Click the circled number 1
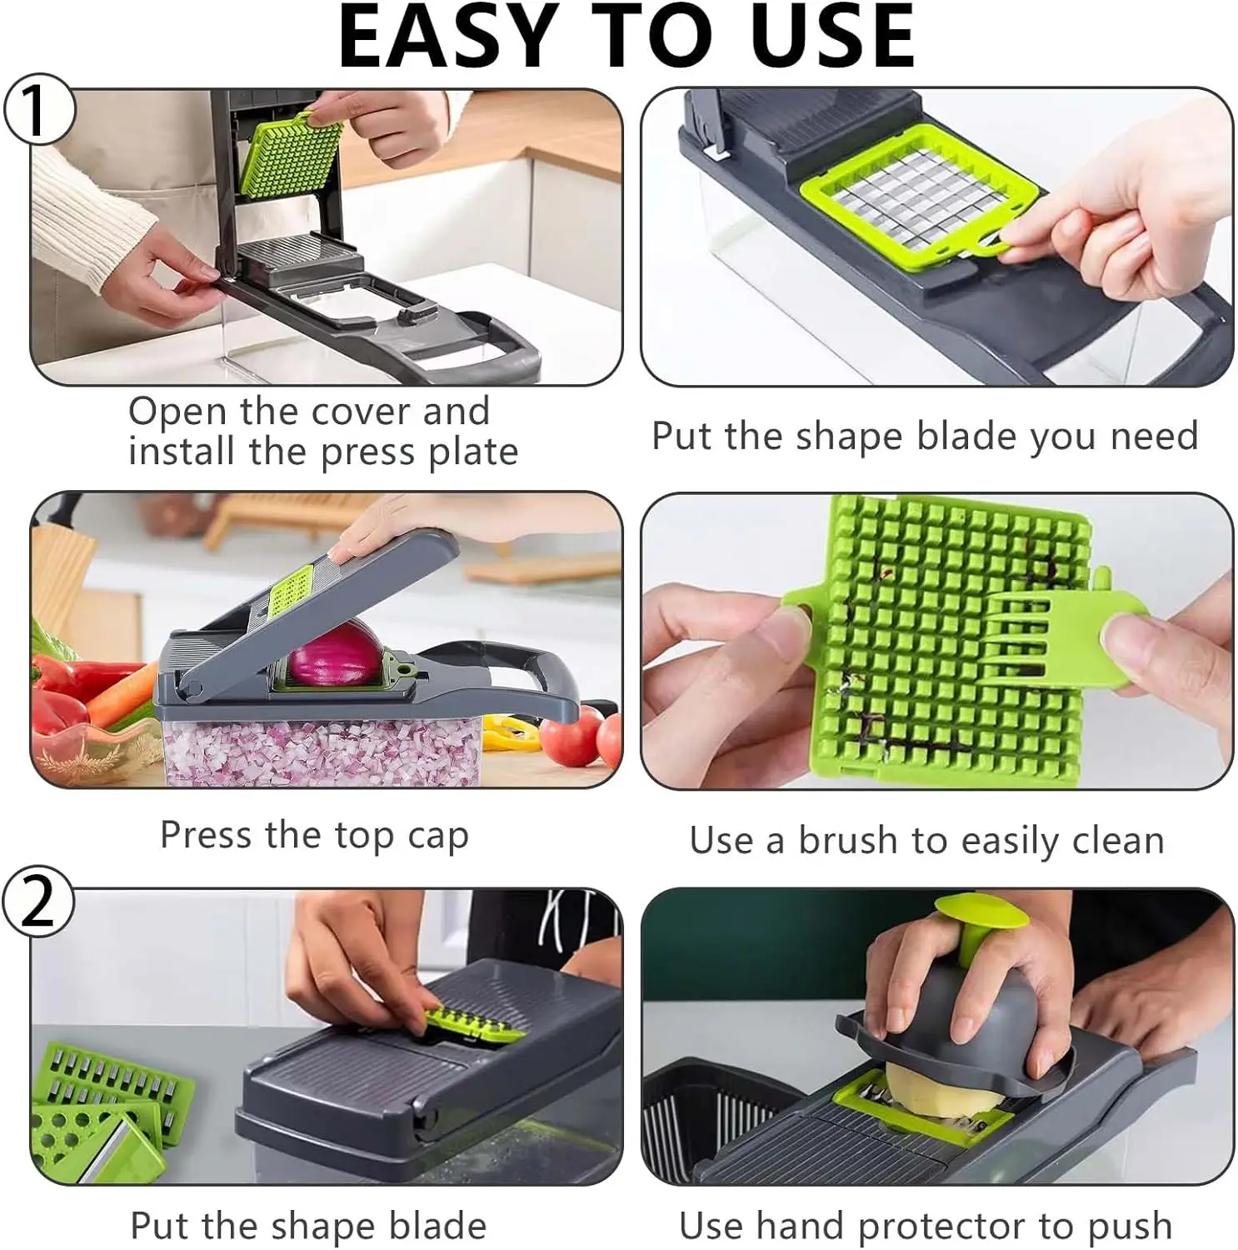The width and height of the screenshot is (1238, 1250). [x=37, y=109]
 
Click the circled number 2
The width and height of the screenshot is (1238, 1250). [x=37, y=902]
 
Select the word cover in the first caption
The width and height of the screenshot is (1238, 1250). [x=356, y=411]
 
